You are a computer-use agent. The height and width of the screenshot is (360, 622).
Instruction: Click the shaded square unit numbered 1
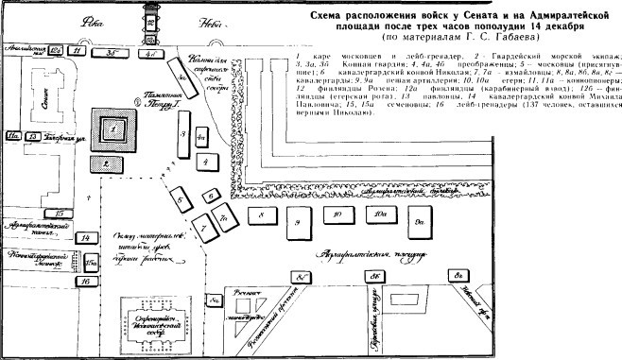pos(113,126)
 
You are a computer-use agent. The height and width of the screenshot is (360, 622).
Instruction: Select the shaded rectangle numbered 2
pos(109,163)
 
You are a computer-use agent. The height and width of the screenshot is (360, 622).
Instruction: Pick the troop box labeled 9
pos(297,223)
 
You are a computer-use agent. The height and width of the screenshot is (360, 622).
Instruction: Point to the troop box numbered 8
pos(258,215)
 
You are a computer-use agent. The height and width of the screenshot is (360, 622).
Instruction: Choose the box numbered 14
pos(87,238)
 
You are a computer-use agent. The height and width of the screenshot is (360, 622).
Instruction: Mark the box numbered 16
pos(86,281)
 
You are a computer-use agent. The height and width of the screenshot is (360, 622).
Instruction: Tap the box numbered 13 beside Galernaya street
pos(32,137)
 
